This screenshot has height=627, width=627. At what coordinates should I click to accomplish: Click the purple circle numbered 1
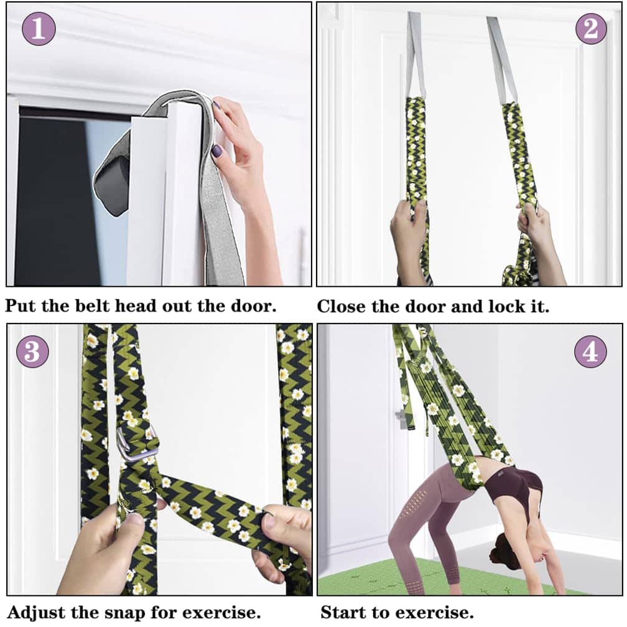pos(39,29)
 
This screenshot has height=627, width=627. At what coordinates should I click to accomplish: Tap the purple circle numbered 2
pos(591,29)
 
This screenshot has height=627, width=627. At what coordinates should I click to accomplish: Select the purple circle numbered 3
pos(32,351)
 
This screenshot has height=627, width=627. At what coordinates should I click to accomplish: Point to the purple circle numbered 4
pos(590,352)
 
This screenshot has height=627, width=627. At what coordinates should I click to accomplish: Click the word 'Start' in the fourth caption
pos(343,612)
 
